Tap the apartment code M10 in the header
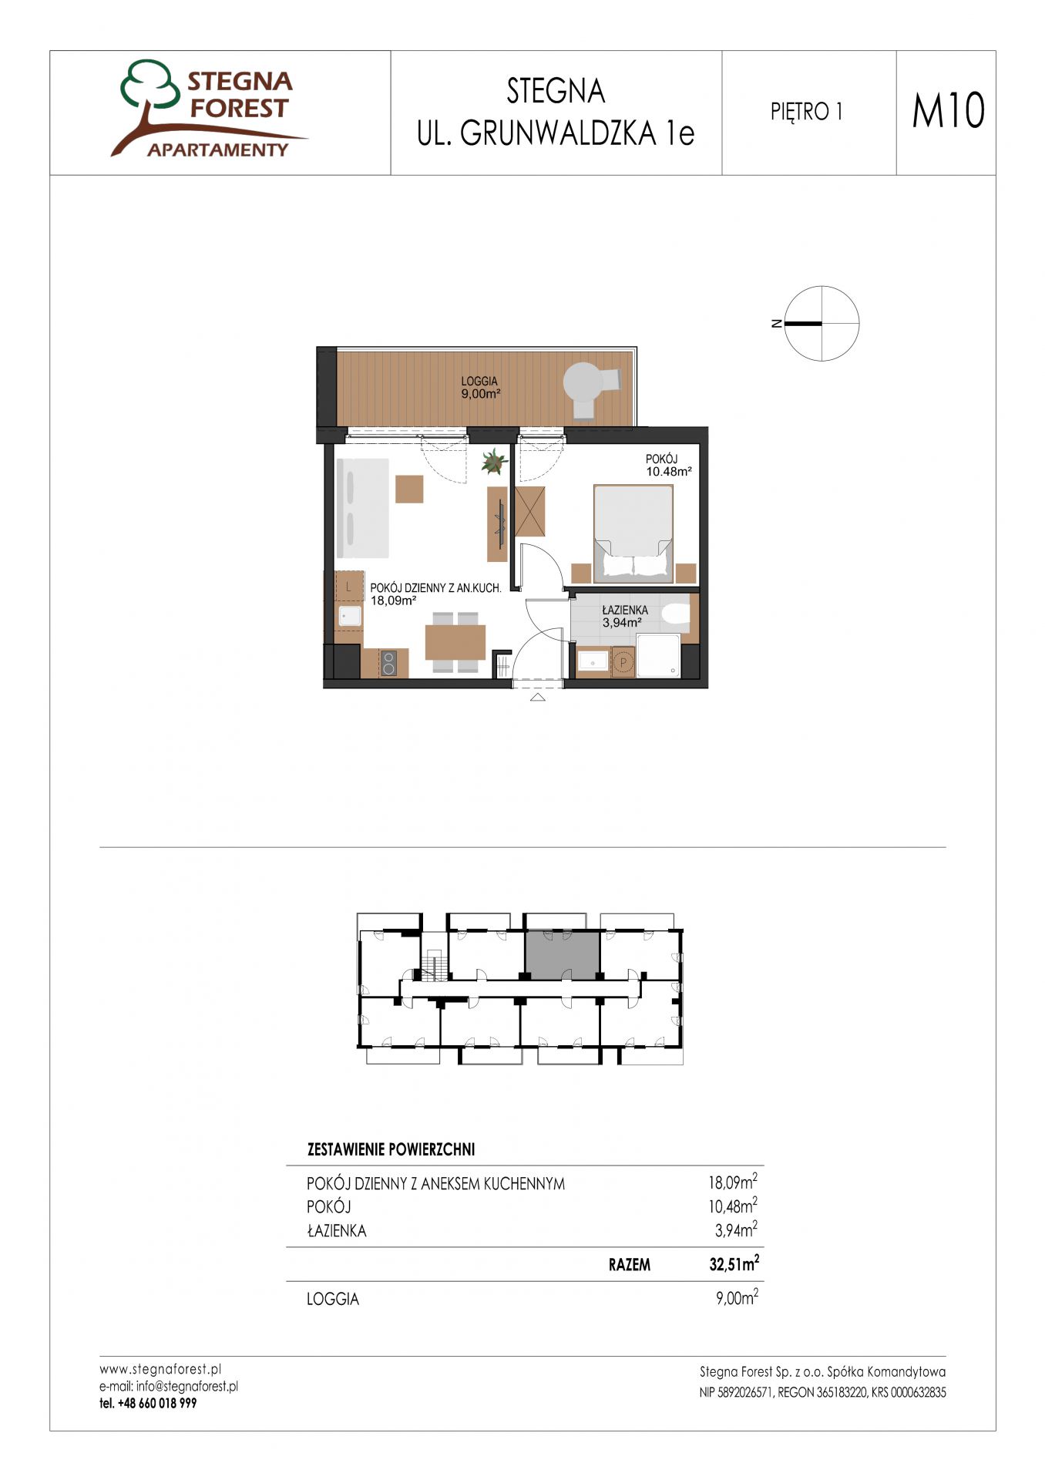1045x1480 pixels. (948, 110)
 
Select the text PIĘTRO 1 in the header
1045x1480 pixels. (806, 113)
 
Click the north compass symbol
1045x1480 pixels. (822, 324)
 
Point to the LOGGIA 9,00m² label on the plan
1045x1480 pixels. (480, 387)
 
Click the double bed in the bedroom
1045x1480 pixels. (633, 530)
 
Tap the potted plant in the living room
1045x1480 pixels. (493, 462)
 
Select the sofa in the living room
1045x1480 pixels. (362, 507)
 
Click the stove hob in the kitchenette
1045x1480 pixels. (389, 663)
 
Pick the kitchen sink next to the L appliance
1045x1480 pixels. (350, 615)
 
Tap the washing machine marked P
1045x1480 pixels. (623, 662)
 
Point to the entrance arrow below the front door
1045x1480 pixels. (538, 698)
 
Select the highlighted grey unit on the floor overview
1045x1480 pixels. (562, 954)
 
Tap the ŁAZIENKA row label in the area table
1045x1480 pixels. (337, 1230)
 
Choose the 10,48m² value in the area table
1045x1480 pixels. (733, 1206)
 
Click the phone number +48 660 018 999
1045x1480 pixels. (148, 1403)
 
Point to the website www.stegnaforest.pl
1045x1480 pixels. (160, 1369)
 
